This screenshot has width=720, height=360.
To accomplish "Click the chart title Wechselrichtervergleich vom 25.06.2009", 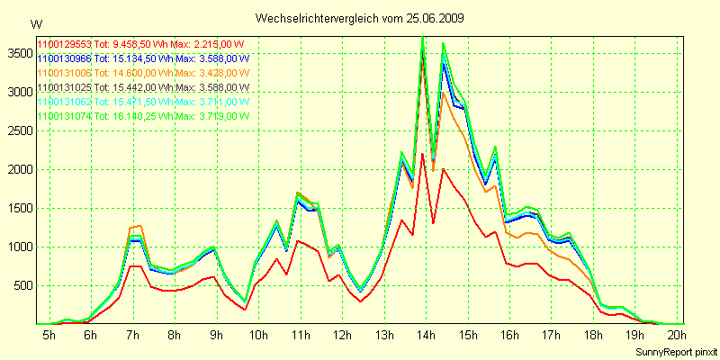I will coord(360,18).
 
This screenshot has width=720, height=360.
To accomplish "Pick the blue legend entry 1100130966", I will coord(143,58).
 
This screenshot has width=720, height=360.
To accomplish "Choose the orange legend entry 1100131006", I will coord(143,73).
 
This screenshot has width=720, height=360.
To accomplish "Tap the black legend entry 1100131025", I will coord(143,87).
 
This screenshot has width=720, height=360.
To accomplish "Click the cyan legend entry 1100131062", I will coord(143,102).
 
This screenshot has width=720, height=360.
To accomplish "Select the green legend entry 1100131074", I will coord(143,116).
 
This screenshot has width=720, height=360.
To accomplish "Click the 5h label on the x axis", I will coord(49,335).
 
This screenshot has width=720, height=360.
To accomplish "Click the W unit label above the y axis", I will coord(35,23).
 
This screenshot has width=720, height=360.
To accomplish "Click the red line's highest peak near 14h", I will coord(422,154).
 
